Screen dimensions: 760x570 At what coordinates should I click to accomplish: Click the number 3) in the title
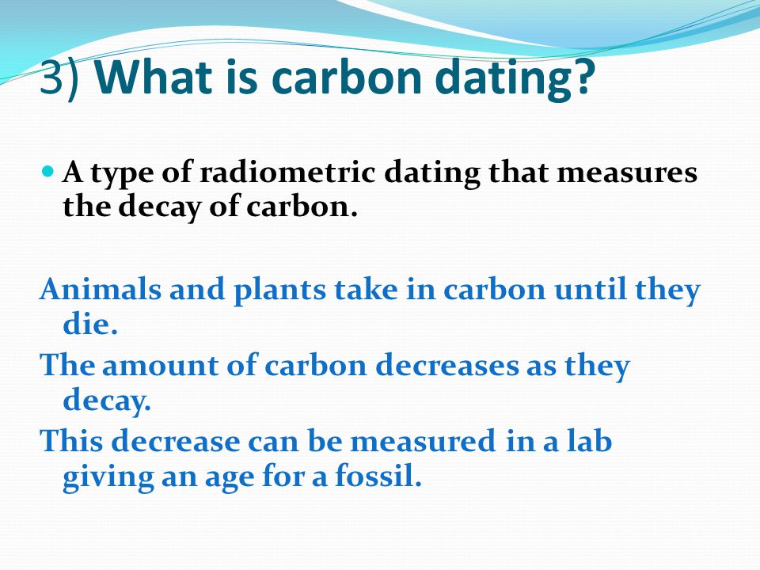point(59,78)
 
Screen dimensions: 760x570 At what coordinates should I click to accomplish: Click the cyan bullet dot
point(48,171)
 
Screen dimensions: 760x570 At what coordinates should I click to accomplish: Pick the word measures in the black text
point(627,173)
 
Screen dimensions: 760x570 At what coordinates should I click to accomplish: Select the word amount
point(159,366)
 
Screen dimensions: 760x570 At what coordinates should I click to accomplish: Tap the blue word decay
point(107,401)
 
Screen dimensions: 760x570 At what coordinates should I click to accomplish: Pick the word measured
point(423,440)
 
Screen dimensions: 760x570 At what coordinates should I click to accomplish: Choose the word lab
point(587,440)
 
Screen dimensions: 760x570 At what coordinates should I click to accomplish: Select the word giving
point(108,477)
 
